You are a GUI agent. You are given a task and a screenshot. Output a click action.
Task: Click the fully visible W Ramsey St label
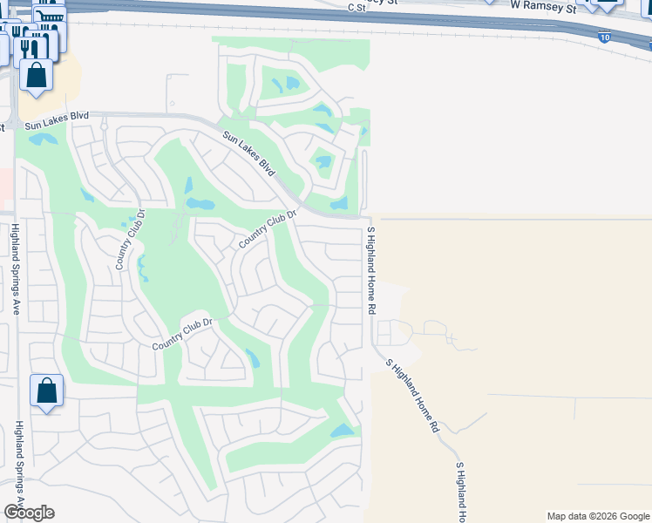544,5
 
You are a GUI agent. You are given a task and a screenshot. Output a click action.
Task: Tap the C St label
355,7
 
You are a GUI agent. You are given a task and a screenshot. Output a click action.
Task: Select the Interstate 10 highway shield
604,37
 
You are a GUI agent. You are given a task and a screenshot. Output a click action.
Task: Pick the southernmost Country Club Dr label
182,334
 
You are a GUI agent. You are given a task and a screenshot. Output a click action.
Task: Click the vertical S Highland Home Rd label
371,270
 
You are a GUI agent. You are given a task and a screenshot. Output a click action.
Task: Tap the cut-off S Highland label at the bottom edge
461,491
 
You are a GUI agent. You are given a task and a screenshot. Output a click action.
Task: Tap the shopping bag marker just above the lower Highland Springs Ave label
46,391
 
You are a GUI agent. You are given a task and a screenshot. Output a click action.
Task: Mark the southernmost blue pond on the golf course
342,431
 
